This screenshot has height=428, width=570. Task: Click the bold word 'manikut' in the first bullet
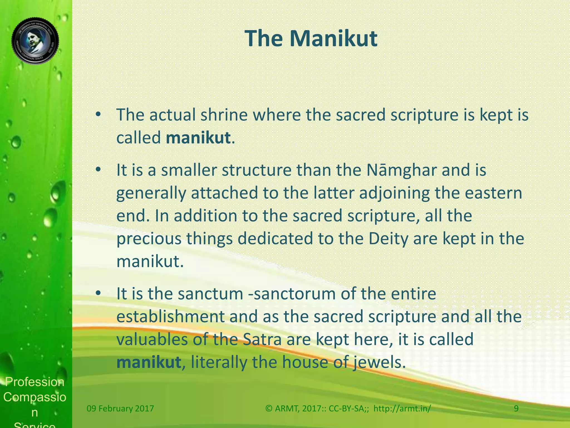click(x=198, y=138)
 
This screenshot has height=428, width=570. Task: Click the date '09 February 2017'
click(x=120, y=408)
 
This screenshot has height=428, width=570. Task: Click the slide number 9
click(x=516, y=408)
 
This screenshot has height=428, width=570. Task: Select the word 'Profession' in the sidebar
click(x=35, y=382)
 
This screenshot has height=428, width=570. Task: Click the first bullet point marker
click(x=98, y=115)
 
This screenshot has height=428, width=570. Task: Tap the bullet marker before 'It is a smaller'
click(x=98, y=170)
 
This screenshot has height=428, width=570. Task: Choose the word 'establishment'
click(x=170, y=317)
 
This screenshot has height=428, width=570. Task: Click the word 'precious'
click(x=149, y=239)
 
